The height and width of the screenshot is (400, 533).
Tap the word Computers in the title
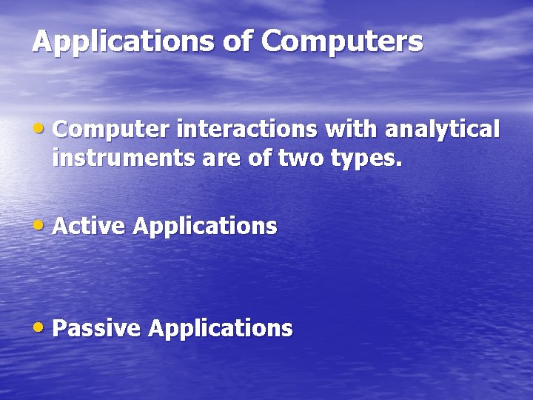(x=341, y=41)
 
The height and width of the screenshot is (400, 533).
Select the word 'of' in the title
(x=237, y=41)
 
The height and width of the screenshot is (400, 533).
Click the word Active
(x=90, y=226)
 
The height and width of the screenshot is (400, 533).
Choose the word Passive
(x=97, y=327)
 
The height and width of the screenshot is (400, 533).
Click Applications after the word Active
(x=205, y=227)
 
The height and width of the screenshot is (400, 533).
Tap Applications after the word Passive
(x=221, y=328)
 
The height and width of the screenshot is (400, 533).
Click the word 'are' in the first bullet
(x=215, y=158)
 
